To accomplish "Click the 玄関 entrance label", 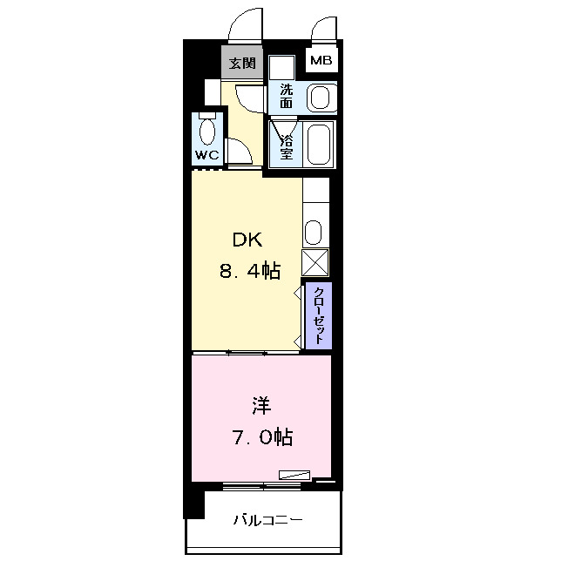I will pyautogui.click(x=242, y=63).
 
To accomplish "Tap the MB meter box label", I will pyautogui.click(x=321, y=62).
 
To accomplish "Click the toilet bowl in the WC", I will pyautogui.click(x=207, y=131).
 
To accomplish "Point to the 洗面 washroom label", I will pyautogui.click(x=287, y=95).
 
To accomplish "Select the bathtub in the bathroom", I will pyautogui.click(x=320, y=143).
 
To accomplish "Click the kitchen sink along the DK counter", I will pyautogui.click(x=314, y=233).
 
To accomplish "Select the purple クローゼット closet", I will pyautogui.click(x=318, y=314).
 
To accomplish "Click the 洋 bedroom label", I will pyautogui.click(x=261, y=405).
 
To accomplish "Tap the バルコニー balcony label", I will pyautogui.click(x=267, y=521).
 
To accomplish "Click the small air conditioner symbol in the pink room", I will pyautogui.click(x=294, y=476).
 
